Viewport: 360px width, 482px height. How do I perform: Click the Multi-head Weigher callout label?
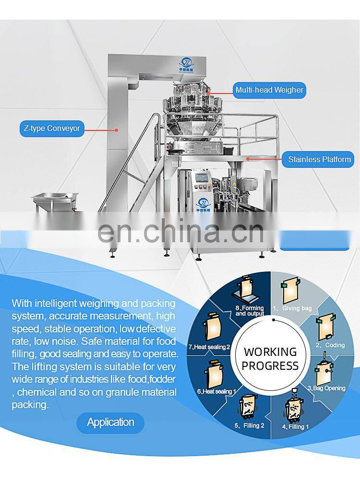[x=269, y=90]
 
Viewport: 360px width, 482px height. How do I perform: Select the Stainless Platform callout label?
[x=319, y=159]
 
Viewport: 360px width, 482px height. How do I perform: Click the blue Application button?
[x=110, y=423]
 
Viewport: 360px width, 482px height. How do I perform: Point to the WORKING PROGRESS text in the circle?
[x=270, y=359]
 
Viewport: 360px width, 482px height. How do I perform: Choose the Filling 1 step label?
[x=296, y=426]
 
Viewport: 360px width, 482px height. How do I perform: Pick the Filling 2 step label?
[x=250, y=425]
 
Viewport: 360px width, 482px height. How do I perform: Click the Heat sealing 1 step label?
[x=216, y=391]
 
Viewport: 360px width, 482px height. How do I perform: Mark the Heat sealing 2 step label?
[x=209, y=347]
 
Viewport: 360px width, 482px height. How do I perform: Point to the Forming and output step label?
[x=250, y=311]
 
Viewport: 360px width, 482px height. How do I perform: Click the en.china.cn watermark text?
[x=180, y=231]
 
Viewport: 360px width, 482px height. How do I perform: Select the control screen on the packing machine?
[x=202, y=178]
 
